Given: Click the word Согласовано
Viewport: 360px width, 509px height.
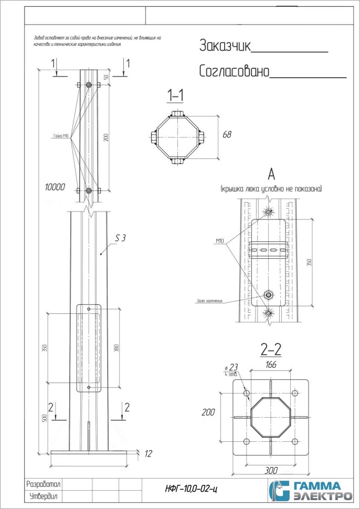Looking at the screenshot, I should tap(234, 71).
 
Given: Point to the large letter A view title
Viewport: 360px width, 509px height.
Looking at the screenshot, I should tap(271, 174).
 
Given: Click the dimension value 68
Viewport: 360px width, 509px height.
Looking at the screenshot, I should tap(227, 135).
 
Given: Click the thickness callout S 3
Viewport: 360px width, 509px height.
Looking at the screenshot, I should tap(120, 238).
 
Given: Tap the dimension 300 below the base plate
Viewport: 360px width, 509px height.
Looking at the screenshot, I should tap(271, 470).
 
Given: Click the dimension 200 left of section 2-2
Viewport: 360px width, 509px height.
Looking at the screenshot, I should tap(208, 412).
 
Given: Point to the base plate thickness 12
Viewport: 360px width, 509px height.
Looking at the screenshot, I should tap(149, 452).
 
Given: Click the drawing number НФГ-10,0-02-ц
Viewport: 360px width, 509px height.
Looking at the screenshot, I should tap(192, 489).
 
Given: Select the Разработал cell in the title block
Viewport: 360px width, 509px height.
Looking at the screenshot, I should tap(44, 483).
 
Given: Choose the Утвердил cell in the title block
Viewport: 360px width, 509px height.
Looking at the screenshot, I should tap(44, 496).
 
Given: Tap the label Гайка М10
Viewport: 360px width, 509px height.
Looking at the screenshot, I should tap(61, 136).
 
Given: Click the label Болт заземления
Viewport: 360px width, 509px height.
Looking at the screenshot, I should tap(210, 301).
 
